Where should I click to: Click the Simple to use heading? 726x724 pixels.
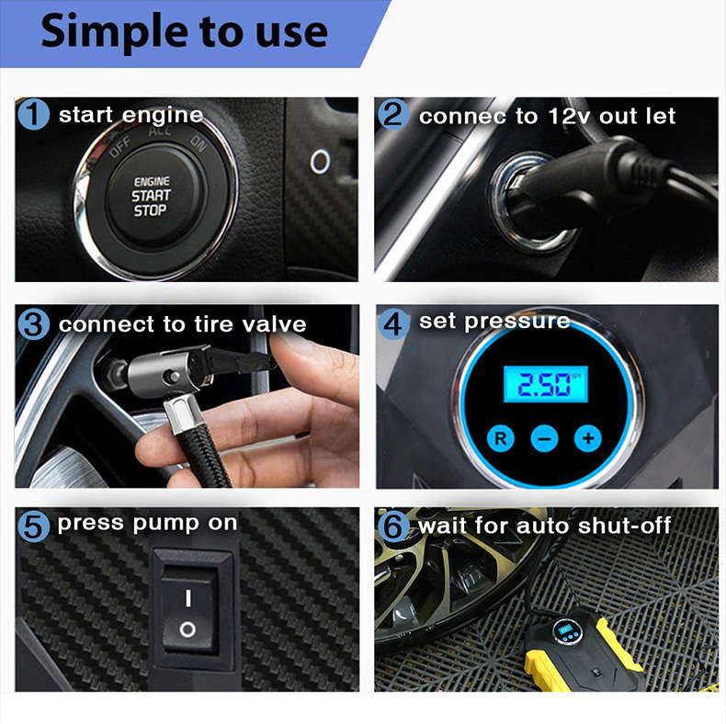tap(184, 31)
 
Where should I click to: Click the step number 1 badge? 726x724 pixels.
tap(34, 116)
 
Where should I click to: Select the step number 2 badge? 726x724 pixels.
tap(393, 116)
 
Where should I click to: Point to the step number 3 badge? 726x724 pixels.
tap(34, 324)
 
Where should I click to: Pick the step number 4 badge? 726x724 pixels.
tap(393, 323)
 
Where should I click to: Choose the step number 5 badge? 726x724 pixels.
tap(34, 526)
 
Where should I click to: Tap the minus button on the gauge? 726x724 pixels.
tap(544, 438)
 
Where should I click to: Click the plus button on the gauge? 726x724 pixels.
tap(587, 438)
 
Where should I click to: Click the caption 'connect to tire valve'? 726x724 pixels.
tap(182, 324)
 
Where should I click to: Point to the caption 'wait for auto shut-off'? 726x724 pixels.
tap(545, 526)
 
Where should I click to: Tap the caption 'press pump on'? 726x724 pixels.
tap(147, 524)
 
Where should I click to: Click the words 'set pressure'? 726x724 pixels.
tap(494, 322)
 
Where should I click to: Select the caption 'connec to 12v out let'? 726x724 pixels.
tap(547, 116)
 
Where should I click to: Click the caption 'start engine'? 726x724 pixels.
tap(130, 116)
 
